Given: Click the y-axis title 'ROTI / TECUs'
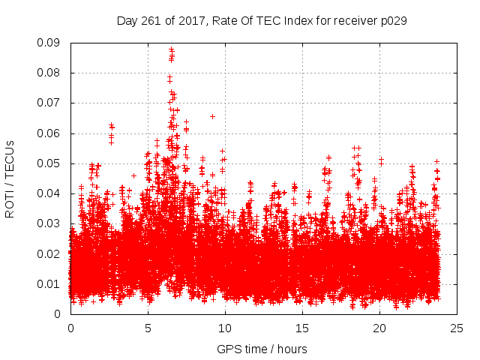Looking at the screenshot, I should (x=10, y=178).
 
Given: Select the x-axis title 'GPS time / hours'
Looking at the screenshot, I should (x=262, y=349).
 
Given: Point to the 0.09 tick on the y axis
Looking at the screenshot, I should (x=52, y=43).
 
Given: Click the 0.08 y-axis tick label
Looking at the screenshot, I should (x=52, y=73).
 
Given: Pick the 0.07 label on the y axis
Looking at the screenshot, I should (x=52, y=103).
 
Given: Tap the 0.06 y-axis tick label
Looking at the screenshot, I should (x=52, y=133).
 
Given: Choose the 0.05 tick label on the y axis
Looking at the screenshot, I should (x=52, y=163).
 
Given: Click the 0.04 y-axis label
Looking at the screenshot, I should (x=52, y=193).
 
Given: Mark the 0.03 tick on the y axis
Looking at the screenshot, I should (x=52, y=223).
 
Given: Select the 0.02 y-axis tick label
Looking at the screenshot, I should (x=52, y=253).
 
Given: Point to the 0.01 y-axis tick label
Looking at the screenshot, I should (x=52, y=283).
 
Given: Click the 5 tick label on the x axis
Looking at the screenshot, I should (x=148, y=328).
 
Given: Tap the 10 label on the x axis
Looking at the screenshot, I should (x=225, y=328).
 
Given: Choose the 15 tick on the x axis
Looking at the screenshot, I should (x=302, y=328).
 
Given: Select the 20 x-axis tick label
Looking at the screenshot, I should (x=379, y=328).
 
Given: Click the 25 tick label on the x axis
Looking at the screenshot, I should (x=457, y=328).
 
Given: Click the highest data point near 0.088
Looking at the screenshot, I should (x=171, y=49).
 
